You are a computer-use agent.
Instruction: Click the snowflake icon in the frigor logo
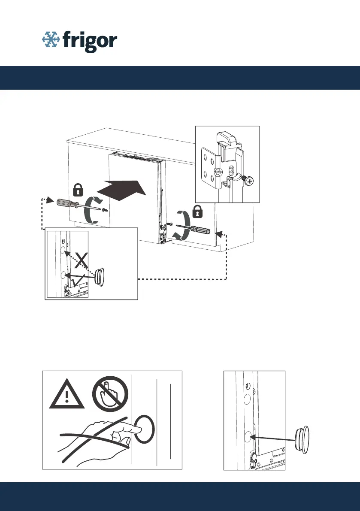(51, 39)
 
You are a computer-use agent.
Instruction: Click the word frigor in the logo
(90, 41)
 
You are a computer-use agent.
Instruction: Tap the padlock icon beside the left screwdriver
(78, 190)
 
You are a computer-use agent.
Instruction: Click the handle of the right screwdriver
(201, 230)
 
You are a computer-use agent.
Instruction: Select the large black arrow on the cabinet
(122, 190)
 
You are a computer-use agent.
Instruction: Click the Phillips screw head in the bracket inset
(249, 181)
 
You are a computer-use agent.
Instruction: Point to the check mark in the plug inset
(79, 281)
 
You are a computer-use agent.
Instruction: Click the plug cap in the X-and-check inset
(100, 277)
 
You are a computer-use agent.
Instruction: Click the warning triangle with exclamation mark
(67, 394)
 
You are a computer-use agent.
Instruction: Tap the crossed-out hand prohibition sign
(110, 394)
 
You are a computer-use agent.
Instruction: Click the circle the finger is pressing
(144, 429)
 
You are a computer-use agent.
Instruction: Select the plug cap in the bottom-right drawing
(302, 439)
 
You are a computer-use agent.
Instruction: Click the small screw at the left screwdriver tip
(104, 210)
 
